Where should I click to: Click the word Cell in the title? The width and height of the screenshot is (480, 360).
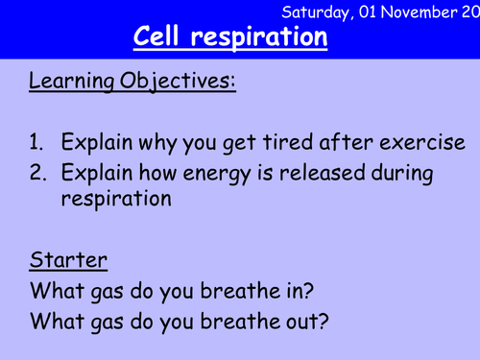tap(160, 38)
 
